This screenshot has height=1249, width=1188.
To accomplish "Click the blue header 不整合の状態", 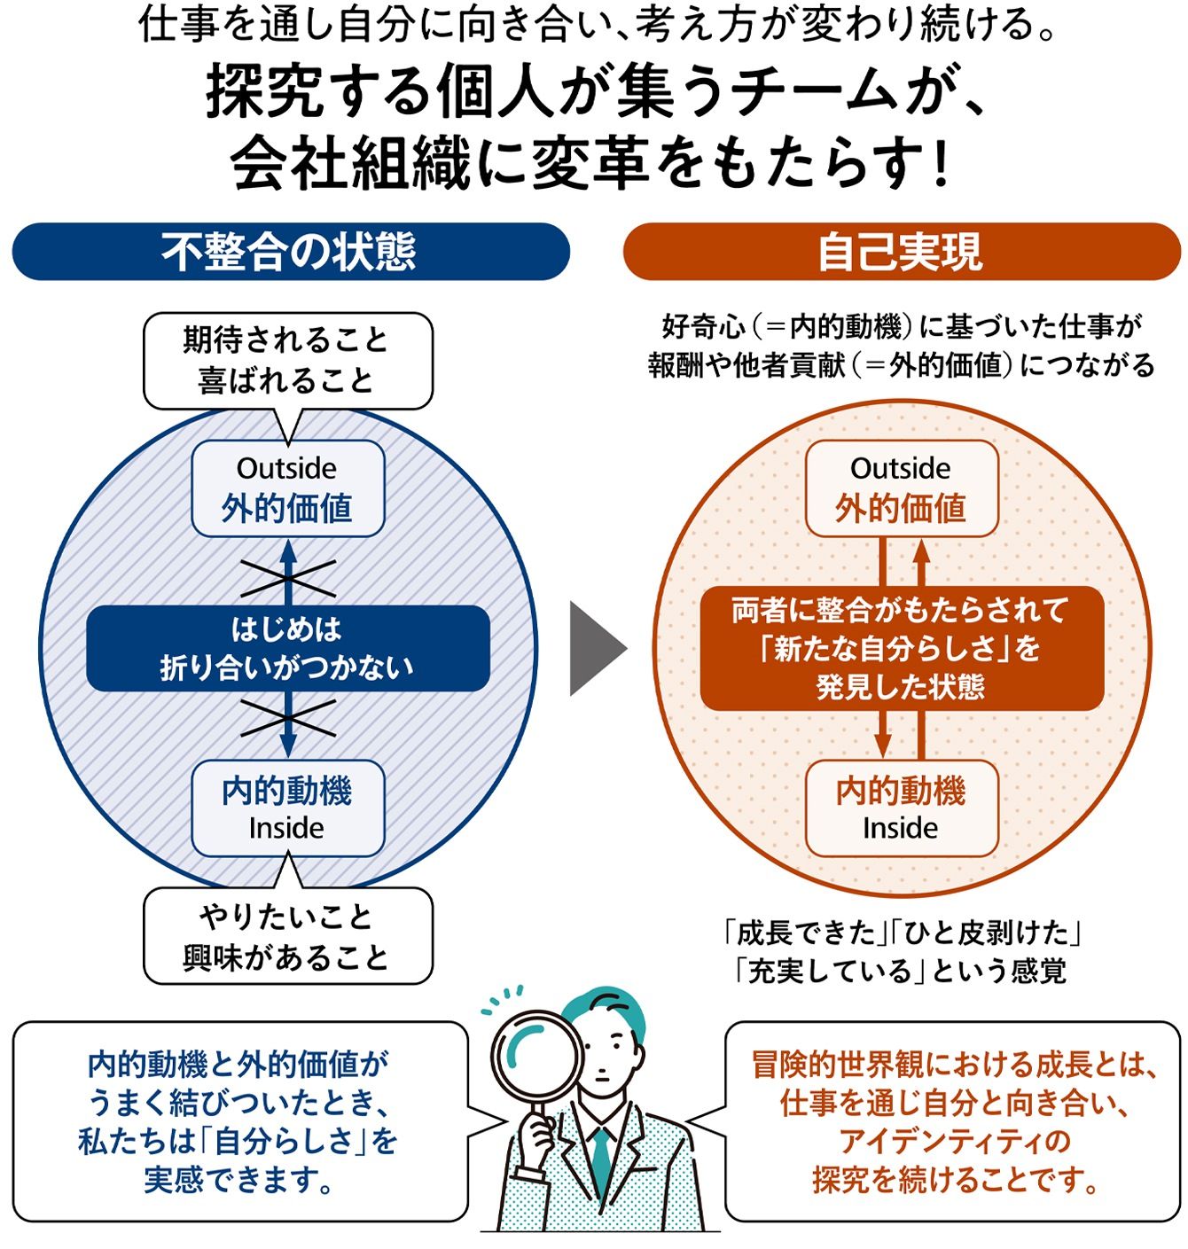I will pos(290,252).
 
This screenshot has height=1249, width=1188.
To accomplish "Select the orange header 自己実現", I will pos(901,252).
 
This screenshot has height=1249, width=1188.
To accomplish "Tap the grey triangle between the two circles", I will pos(595,648).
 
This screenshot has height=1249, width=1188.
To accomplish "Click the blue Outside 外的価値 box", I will pos(288,488).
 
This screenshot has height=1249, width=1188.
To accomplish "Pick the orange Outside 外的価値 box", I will pos(902,488).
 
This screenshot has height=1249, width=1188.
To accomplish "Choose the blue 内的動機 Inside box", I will pos(288,808).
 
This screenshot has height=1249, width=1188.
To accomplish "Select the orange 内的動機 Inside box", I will pos(902,808).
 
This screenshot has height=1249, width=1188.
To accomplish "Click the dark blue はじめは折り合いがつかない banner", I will pos(288,648).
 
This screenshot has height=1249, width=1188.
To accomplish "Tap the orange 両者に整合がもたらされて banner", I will pos(902,648).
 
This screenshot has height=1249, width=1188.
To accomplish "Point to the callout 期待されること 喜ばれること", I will pos(288,360).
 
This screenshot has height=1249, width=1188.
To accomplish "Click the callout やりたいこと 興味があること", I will pos(288,937).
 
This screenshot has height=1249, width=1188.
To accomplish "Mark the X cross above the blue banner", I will pos(288,578).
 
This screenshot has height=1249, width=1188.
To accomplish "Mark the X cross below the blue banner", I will pos(288,718).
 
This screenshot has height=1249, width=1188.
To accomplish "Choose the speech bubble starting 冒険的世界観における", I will pos(953,1120).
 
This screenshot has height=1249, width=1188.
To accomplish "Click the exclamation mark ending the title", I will pos(942,165).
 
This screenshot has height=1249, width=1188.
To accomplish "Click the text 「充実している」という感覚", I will pos(900,972).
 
